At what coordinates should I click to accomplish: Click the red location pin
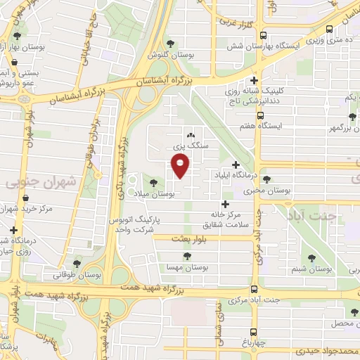(x=181, y=167)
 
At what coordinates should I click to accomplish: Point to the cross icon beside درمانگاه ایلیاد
(x=236, y=165)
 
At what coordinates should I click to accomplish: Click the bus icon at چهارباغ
(x=254, y=331)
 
